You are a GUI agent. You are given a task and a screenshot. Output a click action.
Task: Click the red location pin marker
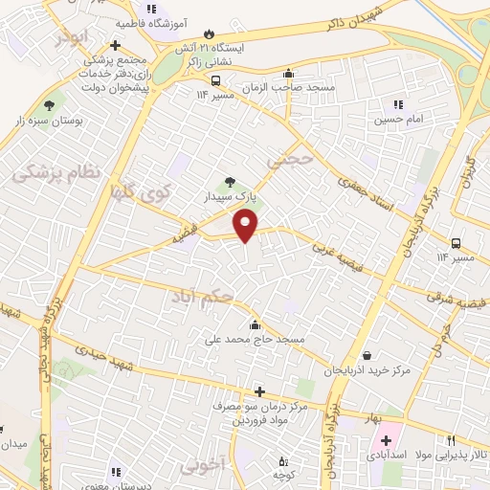click(247, 224)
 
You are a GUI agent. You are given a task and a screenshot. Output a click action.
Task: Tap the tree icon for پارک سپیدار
click(229, 182)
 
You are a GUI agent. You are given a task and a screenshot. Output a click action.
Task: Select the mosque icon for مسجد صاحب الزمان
click(288, 74)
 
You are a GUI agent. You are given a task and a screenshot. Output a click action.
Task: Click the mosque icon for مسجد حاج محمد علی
click(255, 324)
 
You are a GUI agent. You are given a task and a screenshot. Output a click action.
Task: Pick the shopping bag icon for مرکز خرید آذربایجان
click(367, 354)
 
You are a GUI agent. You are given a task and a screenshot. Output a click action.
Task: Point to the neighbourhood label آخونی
click(199, 465)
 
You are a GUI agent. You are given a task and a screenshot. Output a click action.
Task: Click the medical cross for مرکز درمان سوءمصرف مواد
click(259, 392)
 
